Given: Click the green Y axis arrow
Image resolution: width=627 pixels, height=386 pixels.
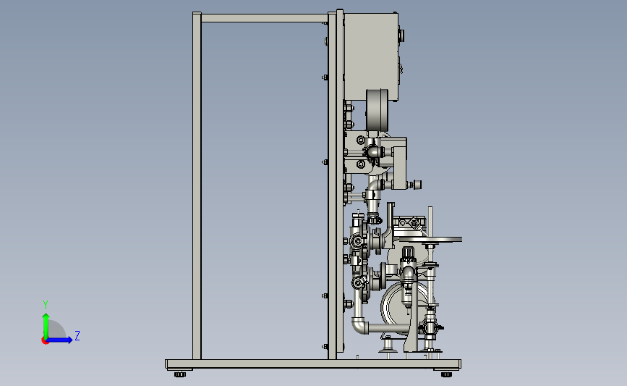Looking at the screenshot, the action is tap(46, 326).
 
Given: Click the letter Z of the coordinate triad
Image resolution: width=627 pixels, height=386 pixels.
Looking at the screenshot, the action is tap(77, 335).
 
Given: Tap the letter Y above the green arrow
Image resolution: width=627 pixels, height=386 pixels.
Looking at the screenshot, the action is tap(46, 305).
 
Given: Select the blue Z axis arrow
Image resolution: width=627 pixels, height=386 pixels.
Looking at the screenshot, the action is tap(59, 340).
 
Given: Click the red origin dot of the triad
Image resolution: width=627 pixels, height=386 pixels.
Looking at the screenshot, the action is tap(45, 341).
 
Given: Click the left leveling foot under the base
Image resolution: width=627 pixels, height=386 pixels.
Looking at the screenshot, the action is tap(180, 374).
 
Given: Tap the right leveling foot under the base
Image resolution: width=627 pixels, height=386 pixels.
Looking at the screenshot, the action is tap(446, 374).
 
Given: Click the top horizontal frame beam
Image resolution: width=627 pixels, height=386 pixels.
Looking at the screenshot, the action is tap(264, 18).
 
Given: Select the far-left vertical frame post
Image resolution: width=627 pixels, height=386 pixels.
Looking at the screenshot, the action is tap(197, 185).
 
